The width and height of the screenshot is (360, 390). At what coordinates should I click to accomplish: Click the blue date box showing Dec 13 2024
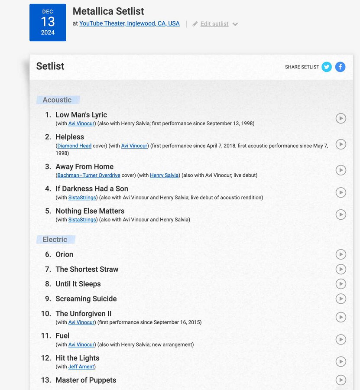(x=48, y=23)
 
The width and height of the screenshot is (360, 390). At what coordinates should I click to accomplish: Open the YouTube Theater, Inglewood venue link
(x=129, y=23)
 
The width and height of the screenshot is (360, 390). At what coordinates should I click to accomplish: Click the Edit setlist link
(x=214, y=24)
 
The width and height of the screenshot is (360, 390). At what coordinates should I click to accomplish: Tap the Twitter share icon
(x=327, y=67)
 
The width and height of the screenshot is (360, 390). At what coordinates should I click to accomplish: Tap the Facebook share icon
(x=341, y=67)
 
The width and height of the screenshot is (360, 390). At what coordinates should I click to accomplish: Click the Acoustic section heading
(x=57, y=100)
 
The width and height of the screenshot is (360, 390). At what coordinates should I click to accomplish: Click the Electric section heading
(x=55, y=239)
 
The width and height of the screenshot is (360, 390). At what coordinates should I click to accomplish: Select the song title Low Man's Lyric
(x=81, y=115)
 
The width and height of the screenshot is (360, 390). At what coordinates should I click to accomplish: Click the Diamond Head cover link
(x=75, y=146)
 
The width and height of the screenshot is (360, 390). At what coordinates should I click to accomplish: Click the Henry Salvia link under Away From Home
(x=164, y=175)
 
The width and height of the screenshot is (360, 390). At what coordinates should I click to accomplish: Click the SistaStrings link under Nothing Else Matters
(x=82, y=220)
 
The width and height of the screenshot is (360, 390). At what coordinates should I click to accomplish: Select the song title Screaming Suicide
(x=86, y=299)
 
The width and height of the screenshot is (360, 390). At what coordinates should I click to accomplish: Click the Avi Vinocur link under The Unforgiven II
(x=81, y=322)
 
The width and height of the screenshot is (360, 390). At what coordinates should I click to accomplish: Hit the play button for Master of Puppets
(x=341, y=380)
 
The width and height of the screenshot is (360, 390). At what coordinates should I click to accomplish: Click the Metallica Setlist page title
(x=108, y=11)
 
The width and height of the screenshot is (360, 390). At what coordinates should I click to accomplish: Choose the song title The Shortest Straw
(x=87, y=269)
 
